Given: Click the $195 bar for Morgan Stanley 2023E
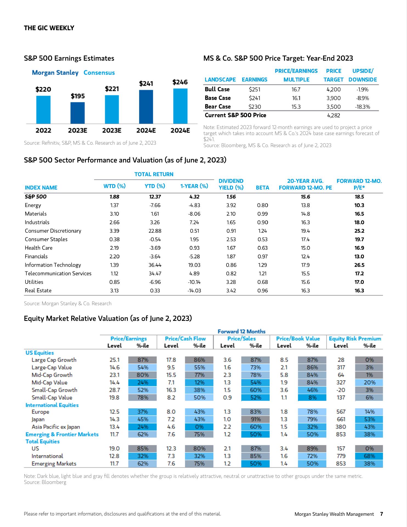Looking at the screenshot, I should point(78,113).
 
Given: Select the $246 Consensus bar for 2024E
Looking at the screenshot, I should point(180,106).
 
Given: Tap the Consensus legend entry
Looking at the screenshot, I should point(99,73).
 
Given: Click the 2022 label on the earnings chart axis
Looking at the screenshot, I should point(43,131).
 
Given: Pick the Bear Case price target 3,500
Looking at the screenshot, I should point(333,107).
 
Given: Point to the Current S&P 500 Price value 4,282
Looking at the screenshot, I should point(333,116).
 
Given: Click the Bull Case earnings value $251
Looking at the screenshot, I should point(255,89).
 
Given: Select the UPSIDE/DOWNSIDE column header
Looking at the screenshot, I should point(363,75).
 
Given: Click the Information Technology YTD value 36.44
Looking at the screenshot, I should point(155,265).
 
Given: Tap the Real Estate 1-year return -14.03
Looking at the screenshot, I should point(194,291).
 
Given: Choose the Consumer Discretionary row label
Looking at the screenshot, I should point(53,231).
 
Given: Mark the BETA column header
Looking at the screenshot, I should point(262,188).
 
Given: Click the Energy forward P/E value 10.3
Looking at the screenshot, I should point(359,205).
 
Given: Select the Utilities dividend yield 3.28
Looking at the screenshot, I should point(231,282).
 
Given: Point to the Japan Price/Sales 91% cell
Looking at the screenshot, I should point(256,419).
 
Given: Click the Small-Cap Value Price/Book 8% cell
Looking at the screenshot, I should point(312,397).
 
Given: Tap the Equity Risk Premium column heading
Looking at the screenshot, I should point(355,339).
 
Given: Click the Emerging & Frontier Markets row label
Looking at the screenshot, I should point(62,435).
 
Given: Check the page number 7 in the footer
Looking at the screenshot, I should point(381,514).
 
